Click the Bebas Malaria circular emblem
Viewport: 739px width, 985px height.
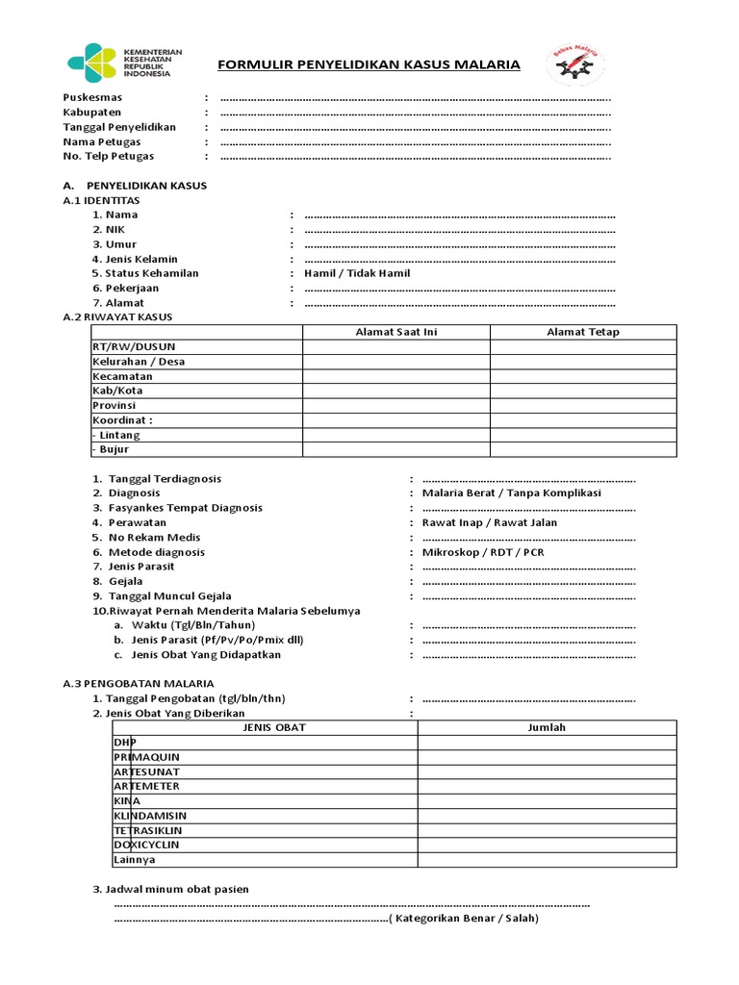(575, 65)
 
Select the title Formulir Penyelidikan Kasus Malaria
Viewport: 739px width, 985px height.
(369, 65)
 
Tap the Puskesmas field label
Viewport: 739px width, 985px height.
(92, 97)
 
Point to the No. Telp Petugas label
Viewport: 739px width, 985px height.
(108, 156)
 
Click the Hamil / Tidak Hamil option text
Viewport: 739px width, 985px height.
(357, 273)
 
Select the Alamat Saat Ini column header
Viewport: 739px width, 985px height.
(396, 332)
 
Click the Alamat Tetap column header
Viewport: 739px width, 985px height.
(583, 332)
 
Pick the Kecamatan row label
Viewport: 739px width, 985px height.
(122, 376)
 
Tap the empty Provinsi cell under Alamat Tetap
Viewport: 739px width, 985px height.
(583, 405)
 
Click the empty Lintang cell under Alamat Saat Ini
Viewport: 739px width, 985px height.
(396, 435)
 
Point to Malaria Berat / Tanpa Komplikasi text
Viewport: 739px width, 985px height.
(512, 492)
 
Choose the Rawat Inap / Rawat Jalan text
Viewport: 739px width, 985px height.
(490, 522)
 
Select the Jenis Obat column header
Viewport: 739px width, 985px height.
(265, 727)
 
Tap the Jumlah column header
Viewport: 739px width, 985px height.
(547, 727)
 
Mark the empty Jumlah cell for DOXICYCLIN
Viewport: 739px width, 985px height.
(547, 845)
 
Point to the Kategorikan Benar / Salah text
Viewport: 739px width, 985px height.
(464, 919)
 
